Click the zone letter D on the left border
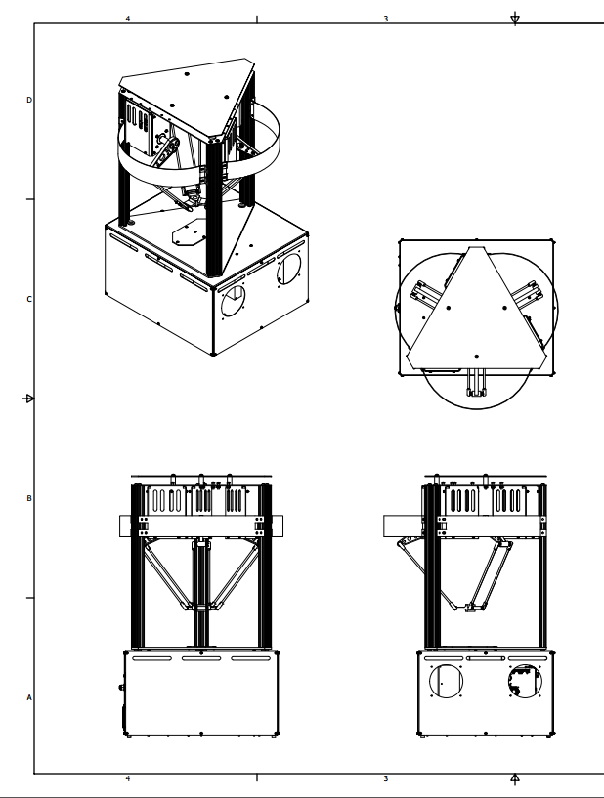29,100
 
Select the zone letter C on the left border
29,299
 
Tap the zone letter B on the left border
29,498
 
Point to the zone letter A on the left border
29,697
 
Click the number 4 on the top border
128,19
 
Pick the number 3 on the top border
385,19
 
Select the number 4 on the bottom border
128,778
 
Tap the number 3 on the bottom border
385,778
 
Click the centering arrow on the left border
29,399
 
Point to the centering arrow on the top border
515,19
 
